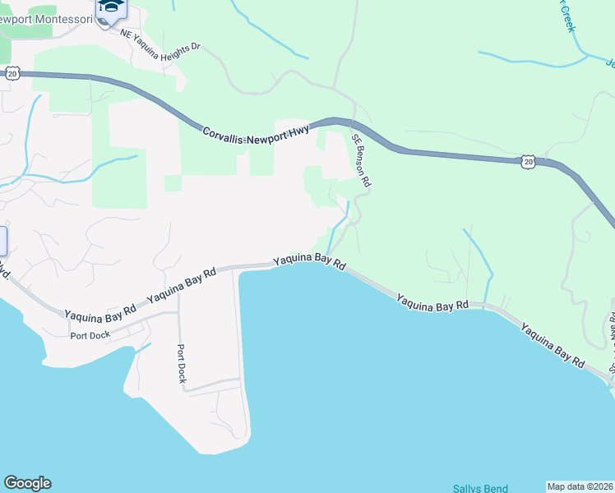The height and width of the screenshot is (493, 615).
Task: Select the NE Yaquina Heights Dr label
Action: pos(160,41)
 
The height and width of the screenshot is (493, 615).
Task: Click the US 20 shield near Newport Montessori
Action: pos(12,73)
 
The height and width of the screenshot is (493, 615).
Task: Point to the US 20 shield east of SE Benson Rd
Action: pos(527,161)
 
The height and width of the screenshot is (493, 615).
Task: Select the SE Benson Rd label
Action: pos(362,160)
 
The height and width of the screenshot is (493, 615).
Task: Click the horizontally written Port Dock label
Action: pos(91,335)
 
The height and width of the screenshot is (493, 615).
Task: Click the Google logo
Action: pos(27,483)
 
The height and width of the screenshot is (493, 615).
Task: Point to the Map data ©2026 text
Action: pos(580,486)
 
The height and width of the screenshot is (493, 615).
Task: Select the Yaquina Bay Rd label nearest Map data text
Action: pos(553,344)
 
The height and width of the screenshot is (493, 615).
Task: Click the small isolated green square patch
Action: pos(173,182)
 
